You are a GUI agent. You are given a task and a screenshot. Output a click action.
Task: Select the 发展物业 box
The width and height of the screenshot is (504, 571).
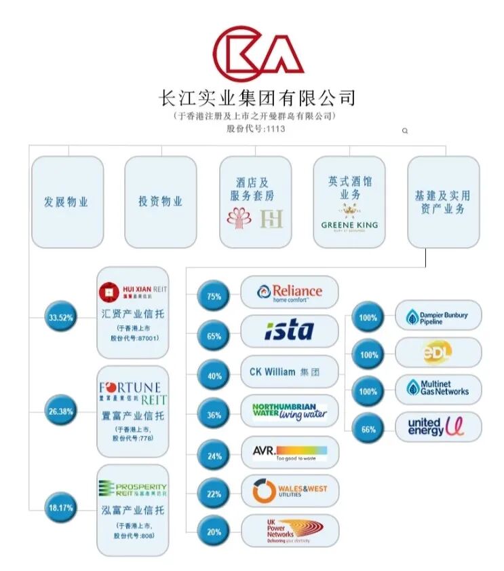[x=67, y=201]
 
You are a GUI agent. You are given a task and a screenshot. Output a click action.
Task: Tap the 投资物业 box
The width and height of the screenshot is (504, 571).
[x=161, y=201]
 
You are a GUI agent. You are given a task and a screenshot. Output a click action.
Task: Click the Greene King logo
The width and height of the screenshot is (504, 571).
[x=349, y=225]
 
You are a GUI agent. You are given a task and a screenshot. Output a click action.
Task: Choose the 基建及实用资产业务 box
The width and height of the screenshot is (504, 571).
[x=443, y=201]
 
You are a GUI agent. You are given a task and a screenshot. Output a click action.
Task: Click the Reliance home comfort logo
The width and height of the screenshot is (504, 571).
[x=290, y=293]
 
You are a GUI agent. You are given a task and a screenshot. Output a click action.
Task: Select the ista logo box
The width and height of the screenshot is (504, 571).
[x=290, y=331]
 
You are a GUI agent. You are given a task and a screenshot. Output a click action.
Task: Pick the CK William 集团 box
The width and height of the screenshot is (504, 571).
[x=290, y=371]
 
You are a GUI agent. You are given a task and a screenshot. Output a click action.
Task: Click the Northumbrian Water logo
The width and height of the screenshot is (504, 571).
[x=290, y=411]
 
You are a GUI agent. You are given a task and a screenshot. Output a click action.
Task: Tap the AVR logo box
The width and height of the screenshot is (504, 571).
[x=290, y=452]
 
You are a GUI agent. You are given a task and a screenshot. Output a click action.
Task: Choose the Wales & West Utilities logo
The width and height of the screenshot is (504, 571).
[x=290, y=492]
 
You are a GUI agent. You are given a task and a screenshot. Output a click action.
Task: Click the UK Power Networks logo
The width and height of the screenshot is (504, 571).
[x=290, y=531]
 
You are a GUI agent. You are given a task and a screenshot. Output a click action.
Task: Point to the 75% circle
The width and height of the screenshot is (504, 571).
[x=214, y=296]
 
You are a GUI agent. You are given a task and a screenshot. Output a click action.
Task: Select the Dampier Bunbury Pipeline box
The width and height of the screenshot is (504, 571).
[x=438, y=316]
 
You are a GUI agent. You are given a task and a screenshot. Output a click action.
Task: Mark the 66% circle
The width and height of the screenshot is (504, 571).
[x=368, y=429]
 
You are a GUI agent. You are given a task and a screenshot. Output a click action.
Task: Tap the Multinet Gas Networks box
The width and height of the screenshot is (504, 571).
[x=438, y=389]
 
